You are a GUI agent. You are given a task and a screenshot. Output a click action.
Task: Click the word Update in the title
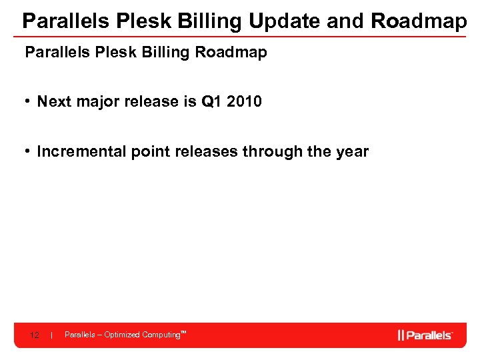tap(285, 21)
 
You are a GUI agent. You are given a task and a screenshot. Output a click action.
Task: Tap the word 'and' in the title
tap(346, 21)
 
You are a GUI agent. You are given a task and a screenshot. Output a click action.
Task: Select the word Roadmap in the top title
tap(419, 21)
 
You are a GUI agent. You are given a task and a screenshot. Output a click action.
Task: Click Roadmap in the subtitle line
tap(235, 52)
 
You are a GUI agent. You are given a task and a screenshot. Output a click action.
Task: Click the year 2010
tap(244, 101)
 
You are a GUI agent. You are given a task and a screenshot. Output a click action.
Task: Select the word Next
tap(54, 101)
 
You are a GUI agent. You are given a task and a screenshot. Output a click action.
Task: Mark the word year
tap(351, 151)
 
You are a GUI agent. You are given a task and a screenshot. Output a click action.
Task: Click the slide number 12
tap(35, 335)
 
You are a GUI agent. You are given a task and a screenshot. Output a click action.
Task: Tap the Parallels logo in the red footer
tap(425, 335)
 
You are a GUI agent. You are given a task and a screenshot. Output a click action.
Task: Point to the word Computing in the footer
tap(161, 335)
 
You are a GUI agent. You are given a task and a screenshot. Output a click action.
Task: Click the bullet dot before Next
tap(29, 101)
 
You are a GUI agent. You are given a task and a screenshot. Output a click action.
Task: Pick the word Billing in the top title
tap(206, 21)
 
